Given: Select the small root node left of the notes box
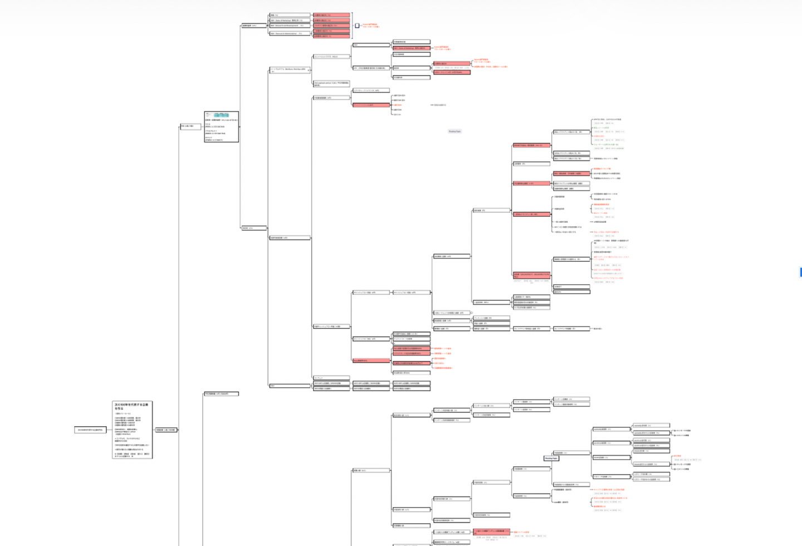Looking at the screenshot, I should click(90, 430).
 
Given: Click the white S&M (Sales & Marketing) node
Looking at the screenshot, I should click(290, 20).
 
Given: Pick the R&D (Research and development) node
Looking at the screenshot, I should click(290, 26).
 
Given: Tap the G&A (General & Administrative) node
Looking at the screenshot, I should click(290, 33).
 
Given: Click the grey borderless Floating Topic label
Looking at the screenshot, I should click(454, 131).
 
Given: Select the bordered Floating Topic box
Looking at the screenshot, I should click(551, 459).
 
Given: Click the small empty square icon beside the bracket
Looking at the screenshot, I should click(357, 26).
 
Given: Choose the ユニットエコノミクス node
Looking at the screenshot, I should click(331, 56).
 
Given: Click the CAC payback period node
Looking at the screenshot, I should click(331, 84).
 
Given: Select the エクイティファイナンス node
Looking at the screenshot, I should click(371, 90).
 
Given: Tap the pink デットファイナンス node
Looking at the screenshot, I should click(371, 105).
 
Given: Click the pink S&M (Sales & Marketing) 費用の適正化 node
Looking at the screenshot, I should click(412, 48).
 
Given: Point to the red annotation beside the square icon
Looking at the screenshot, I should click(370, 26).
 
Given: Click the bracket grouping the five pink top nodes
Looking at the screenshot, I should click(353, 25).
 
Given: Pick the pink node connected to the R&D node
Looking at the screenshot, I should click(331, 26).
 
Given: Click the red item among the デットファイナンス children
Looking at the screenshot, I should click(398, 105).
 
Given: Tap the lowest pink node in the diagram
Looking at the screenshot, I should click(492, 532).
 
